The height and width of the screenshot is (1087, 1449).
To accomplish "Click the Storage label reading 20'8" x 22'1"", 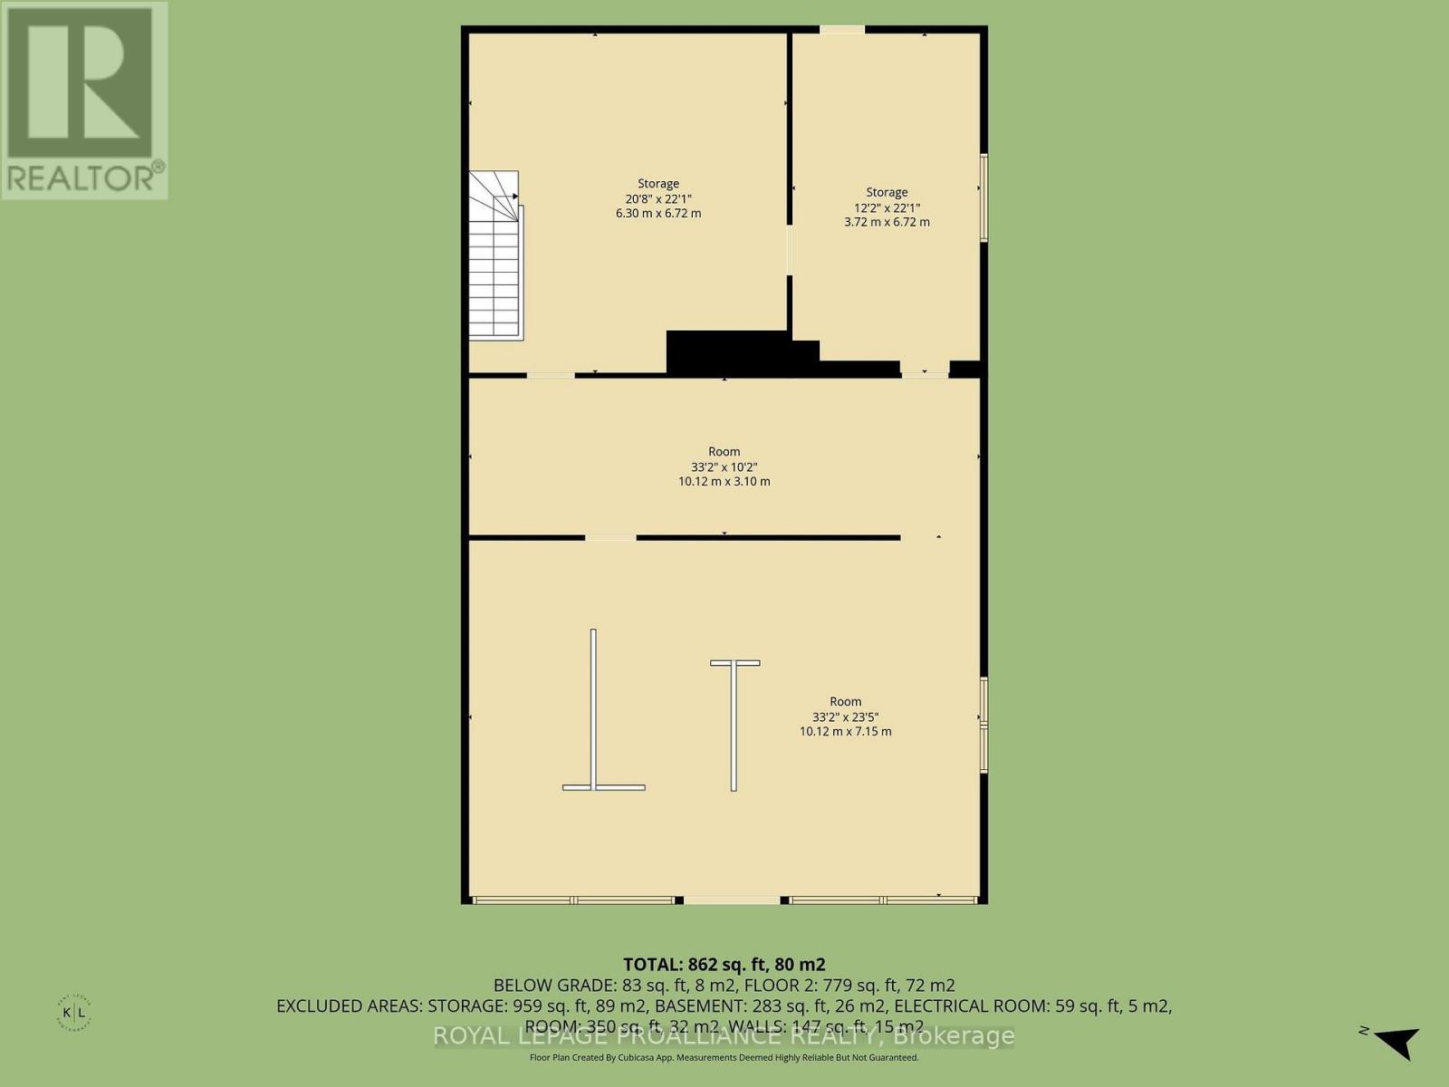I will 657,198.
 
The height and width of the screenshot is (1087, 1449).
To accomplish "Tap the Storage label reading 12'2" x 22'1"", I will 887,207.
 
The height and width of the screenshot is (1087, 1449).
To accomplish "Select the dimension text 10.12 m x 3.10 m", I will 724,482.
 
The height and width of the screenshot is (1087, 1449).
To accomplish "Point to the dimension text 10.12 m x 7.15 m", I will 845,732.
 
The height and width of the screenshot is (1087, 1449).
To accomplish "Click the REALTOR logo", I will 84,100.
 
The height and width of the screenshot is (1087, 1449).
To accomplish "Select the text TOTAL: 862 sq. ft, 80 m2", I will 724,965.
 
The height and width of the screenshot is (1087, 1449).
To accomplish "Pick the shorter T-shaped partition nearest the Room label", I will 734,725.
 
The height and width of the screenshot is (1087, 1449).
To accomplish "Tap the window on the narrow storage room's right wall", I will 984,197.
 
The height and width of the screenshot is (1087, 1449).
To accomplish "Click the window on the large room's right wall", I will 984,725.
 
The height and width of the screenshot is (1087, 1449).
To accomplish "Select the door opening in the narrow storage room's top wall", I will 842,30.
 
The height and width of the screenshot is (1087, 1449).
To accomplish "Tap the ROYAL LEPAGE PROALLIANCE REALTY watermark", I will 724,1035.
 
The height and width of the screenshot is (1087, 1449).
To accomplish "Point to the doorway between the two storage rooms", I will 789,250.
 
